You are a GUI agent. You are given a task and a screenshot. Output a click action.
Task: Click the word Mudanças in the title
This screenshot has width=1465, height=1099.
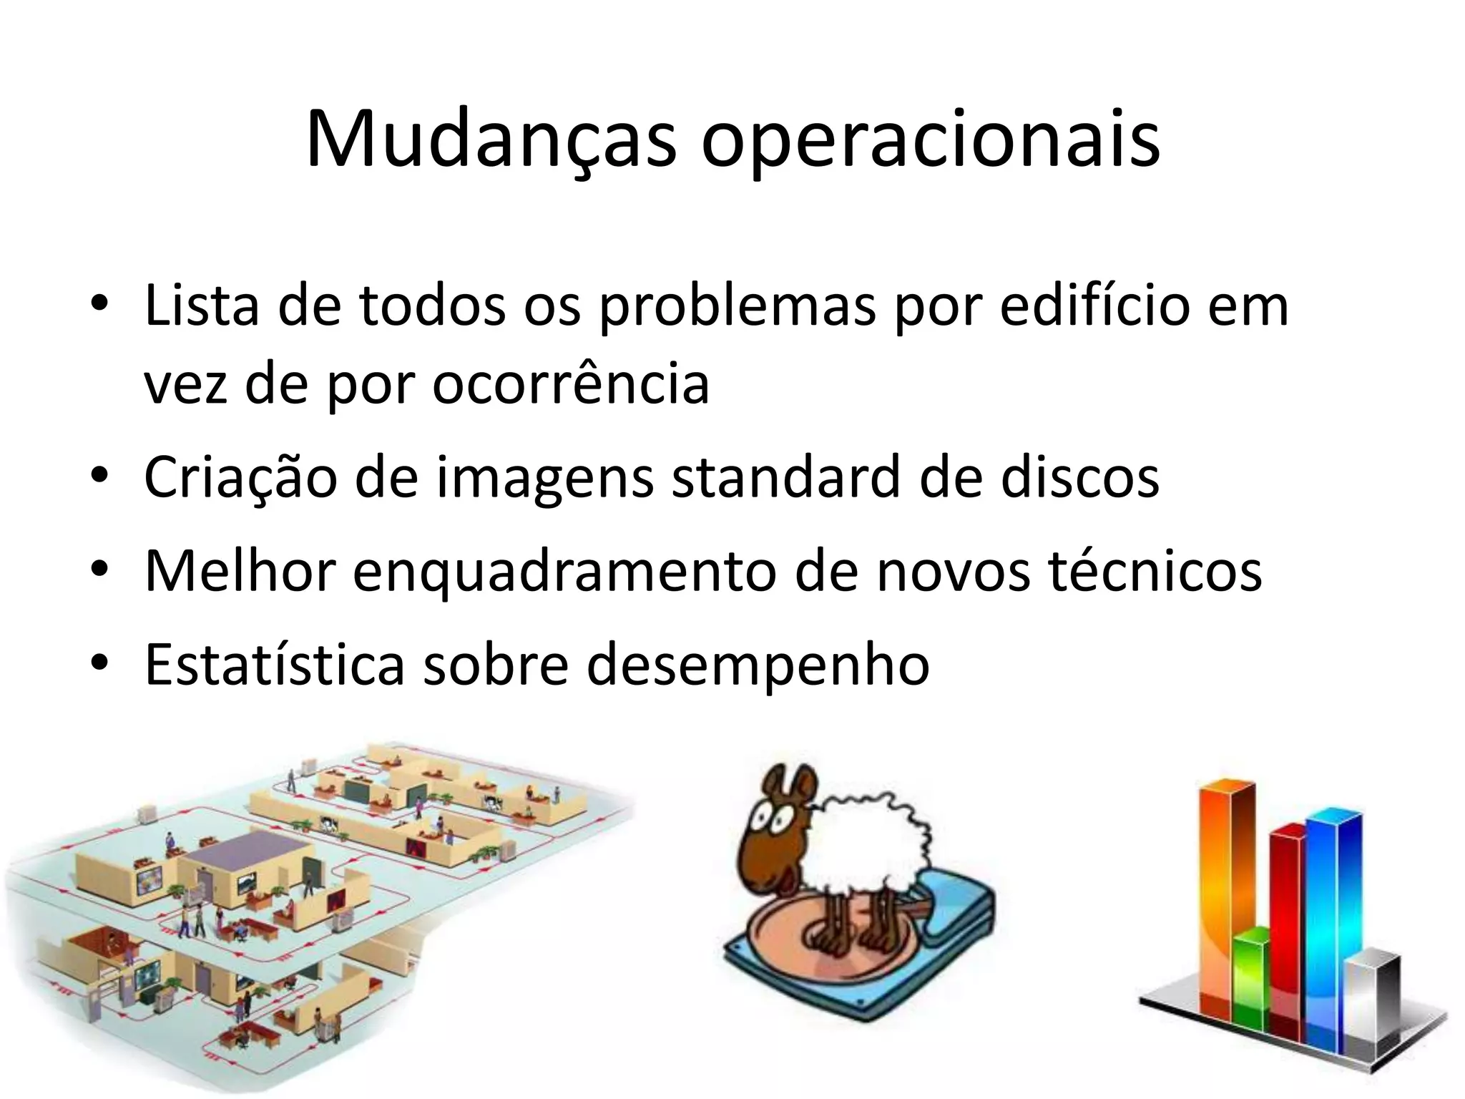click(491, 140)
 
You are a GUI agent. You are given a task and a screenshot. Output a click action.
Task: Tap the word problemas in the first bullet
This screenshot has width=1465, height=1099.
click(737, 306)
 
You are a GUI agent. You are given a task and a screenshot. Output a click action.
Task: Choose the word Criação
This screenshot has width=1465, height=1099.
click(240, 477)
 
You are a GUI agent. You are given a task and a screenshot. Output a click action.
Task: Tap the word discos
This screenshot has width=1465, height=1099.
click(1079, 477)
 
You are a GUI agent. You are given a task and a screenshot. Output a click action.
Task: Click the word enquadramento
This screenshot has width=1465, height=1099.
click(564, 572)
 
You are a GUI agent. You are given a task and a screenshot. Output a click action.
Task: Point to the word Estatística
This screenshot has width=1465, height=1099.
click(275, 665)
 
